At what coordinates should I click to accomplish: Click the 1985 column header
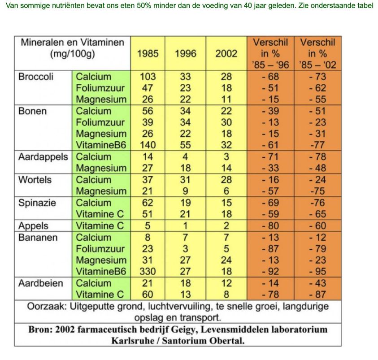coord(148,53)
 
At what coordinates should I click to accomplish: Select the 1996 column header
coord(185,53)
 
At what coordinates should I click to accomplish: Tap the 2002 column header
coord(226,53)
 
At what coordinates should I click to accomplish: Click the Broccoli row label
coord(36,77)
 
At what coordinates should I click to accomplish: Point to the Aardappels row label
coord(43,157)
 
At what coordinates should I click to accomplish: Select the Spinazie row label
coord(37,203)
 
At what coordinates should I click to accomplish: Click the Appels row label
coord(33,226)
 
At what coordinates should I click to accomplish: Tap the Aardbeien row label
coord(40,283)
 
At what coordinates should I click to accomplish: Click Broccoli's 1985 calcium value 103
coord(148,77)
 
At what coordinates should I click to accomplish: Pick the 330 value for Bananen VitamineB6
coord(148,272)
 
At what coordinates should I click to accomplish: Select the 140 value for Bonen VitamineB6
coord(148,145)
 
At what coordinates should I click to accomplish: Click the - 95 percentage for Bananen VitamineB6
coord(318,272)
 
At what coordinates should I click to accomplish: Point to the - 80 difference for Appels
coord(270,226)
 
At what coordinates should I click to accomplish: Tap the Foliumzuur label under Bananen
coord(100,249)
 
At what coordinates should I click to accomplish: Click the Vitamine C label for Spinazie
coord(100,214)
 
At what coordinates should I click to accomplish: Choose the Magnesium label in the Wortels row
coord(101,191)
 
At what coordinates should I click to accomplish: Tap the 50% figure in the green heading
coord(144,5)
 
